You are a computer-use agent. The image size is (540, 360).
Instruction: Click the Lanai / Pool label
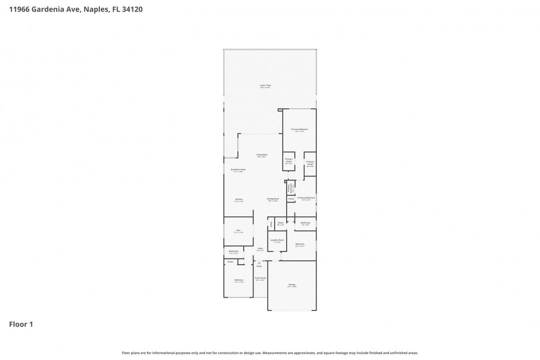point(265,85)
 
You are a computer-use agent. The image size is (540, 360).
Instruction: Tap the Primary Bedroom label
point(299,129)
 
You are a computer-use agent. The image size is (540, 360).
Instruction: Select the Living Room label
point(261,155)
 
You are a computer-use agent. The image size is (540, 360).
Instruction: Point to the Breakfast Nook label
point(238,169)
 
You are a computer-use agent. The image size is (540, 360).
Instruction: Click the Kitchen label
point(239,199)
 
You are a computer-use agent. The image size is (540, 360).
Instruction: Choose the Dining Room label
point(272,199)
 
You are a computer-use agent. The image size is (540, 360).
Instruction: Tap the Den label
point(238,230)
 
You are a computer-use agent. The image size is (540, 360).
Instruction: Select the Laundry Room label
point(277,240)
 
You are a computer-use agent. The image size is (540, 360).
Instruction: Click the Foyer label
point(260,248)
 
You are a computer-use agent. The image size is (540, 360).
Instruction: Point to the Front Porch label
point(260,278)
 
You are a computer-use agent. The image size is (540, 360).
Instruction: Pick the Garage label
point(291,285)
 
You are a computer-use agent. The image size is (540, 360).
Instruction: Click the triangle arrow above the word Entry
point(259,262)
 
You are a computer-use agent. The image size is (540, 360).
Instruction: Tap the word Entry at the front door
point(259,266)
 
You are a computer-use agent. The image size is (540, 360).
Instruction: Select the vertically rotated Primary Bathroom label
point(289,188)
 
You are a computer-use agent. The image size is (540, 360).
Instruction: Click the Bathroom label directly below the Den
point(233,251)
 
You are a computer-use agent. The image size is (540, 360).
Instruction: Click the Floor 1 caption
point(21,324)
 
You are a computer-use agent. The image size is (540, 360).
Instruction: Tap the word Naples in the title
point(92,9)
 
